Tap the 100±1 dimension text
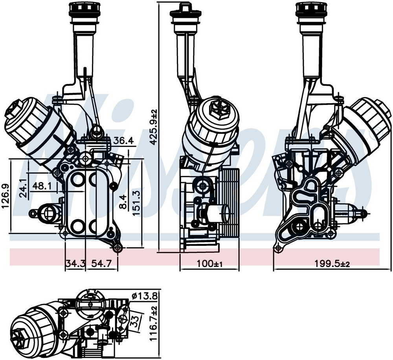(210, 264)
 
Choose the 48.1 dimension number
(42, 186)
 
